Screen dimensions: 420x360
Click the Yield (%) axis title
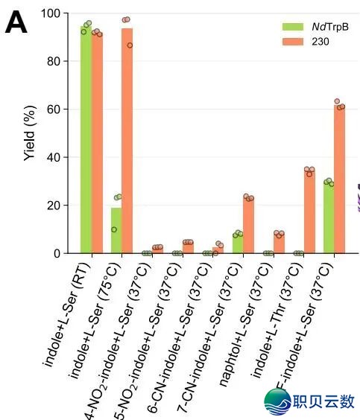pos(29,134)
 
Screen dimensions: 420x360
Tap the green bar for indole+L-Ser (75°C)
pos(116,231)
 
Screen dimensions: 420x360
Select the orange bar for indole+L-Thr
pos(309,212)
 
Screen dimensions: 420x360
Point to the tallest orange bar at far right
pos(340,179)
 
